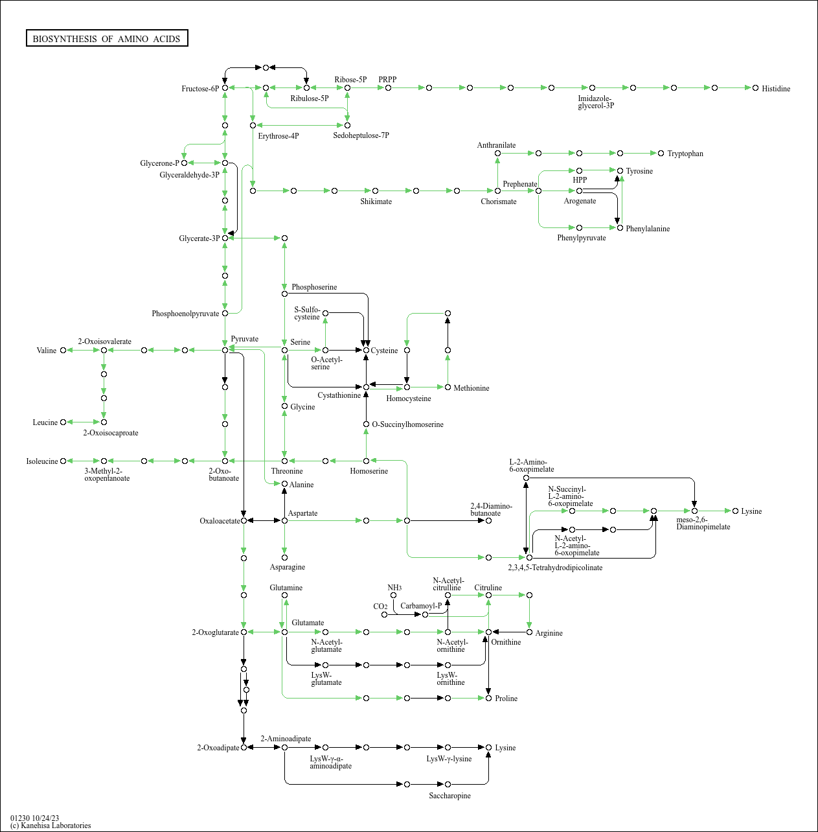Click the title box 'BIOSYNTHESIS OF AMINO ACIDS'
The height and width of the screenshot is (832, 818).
(107, 38)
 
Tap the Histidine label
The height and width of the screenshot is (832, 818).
(776, 89)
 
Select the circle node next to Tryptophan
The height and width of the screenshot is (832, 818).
(661, 154)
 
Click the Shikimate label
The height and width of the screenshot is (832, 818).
(376, 202)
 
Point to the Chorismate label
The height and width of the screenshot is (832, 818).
(499, 202)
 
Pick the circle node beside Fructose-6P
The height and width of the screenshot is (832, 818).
(225, 88)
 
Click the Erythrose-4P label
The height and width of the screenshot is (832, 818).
(278, 136)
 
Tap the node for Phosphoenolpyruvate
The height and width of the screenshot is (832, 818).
(225, 314)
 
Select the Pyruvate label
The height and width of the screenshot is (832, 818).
(245, 339)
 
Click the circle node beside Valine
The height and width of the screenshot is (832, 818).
(63, 350)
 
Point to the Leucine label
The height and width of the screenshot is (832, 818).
(45, 422)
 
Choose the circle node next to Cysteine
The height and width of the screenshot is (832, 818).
(366, 350)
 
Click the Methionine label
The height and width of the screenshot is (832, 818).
(471, 387)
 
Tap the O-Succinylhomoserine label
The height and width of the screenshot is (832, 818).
(407, 424)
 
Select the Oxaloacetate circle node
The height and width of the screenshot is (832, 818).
(244, 521)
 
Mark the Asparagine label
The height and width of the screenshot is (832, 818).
(288, 567)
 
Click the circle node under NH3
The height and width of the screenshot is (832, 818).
(393, 595)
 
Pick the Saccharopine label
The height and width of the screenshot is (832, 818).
(449, 795)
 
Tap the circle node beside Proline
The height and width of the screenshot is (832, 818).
(488, 698)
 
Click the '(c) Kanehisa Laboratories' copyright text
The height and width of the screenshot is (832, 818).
(51, 826)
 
